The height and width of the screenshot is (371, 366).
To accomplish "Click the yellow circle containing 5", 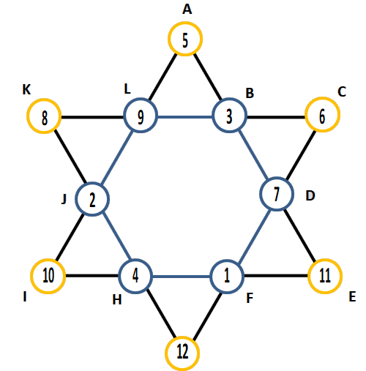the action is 185,23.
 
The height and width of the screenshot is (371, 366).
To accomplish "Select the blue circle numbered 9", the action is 140,100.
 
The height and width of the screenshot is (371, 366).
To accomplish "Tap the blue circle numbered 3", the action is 229,100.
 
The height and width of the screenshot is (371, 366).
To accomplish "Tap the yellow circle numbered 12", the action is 182,337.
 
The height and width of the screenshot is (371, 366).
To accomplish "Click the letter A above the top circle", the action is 187,10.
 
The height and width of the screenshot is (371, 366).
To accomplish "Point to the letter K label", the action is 26,89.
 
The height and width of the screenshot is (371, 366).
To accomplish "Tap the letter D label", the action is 310,195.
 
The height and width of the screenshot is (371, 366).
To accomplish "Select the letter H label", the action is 117,300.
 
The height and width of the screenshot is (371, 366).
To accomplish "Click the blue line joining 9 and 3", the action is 185,117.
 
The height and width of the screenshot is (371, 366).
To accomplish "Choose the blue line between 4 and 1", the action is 182,277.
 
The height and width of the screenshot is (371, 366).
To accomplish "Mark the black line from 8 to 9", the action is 92,117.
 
